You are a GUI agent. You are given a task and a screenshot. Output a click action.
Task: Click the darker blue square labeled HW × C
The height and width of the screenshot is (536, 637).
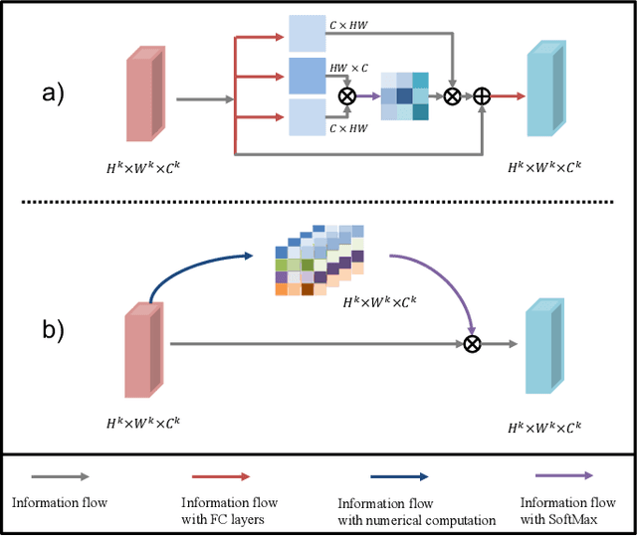(308, 75)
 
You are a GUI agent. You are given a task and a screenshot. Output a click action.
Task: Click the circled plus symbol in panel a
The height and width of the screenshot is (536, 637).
(483, 96)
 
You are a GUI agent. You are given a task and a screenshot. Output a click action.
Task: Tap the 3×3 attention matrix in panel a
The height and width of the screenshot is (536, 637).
(405, 96)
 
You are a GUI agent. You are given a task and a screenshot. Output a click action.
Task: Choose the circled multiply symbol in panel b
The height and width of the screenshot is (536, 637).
(473, 343)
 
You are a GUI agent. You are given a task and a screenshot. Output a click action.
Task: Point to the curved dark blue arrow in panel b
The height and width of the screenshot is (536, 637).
(194, 268)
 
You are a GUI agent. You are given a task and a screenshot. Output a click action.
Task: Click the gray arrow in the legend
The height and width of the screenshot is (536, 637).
(61, 477)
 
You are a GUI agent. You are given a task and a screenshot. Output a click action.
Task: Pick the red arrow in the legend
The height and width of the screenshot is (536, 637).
(215, 477)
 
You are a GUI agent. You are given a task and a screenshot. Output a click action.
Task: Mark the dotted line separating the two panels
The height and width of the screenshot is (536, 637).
(318, 203)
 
